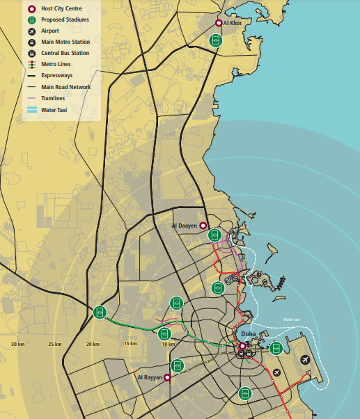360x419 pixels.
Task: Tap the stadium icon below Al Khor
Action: click(x=217, y=40)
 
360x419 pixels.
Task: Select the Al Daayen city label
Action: click(x=184, y=226)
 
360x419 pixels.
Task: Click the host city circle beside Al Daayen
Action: click(x=203, y=226)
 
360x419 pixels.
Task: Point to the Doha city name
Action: click(x=249, y=335)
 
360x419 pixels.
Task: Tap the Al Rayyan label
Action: click(x=148, y=377)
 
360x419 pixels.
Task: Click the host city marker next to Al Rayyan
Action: click(x=167, y=377)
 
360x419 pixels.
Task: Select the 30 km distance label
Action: click(x=17, y=345)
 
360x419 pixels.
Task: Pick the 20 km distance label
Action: click(x=92, y=345)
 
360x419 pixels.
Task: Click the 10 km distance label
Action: click(x=167, y=345)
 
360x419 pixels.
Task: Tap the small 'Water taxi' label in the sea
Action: click(x=291, y=320)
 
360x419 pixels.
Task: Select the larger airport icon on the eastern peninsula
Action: click(x=304, y=360)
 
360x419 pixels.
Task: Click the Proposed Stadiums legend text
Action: click(x=65, y=20)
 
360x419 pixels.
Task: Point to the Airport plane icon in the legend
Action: click(x=31, y=31)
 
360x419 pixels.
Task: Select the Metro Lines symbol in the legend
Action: click(x=31, y=63)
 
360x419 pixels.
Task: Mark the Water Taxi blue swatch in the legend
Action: click(x=31, y=109)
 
